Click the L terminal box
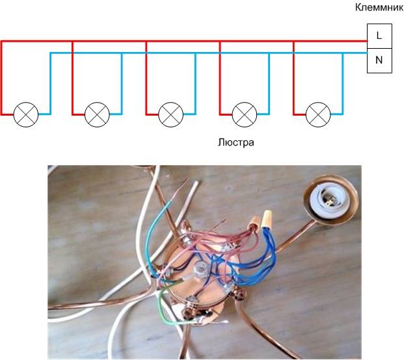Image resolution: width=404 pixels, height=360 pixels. pyautogui.click(x=379, y=36)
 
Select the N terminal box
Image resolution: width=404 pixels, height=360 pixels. pyautogui.click(x=379, y=60)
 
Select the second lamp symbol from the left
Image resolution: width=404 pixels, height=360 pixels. pyautogui.click(x=97, y=114)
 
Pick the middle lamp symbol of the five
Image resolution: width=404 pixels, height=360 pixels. pyautogui.click(x=170, y=114)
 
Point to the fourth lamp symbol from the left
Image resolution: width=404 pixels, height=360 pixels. pyautogui.click(x=244, y=114)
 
